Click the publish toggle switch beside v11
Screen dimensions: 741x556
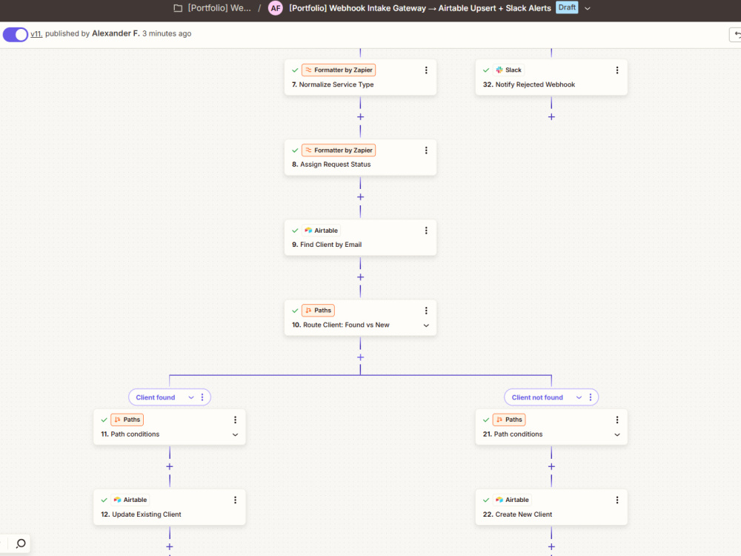16,35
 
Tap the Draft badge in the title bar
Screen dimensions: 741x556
567,7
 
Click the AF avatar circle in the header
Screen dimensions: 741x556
276,8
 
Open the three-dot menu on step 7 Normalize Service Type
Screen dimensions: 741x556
426,70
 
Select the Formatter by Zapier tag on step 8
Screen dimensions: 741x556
339,150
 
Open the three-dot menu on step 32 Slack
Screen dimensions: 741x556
617,70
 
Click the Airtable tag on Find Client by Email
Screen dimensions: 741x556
322,231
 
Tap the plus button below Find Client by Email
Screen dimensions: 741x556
360,277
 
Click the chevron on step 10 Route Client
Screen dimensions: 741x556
426,325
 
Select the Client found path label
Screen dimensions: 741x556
156,397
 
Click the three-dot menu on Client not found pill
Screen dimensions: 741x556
591,397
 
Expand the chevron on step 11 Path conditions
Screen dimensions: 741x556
235,434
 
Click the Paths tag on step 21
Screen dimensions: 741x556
509,420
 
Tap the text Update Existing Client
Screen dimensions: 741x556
147,514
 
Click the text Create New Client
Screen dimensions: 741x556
524,514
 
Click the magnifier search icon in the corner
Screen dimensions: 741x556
21,543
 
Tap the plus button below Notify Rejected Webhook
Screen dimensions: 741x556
551,117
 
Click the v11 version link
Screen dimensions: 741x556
36,34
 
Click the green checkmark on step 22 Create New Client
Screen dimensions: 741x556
486,500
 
